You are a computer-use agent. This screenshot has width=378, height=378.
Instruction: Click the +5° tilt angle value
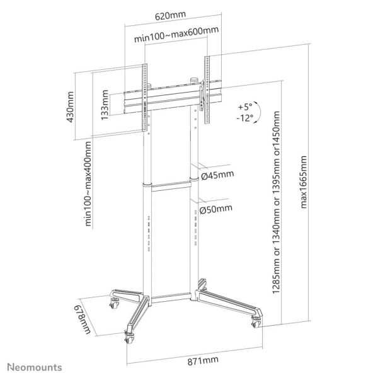pos(245,106)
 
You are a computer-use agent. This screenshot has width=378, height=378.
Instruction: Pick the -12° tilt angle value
pos(245,117)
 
